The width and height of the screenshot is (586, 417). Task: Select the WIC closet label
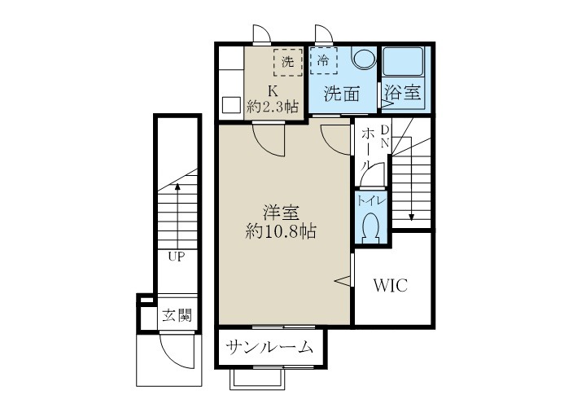point(390,286)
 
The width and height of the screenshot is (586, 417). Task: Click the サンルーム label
point(270,348)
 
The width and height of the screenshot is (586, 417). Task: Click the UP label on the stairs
point(176,257)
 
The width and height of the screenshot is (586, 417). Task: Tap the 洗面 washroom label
point(342,94)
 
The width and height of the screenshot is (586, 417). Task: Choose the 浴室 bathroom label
point(403,93)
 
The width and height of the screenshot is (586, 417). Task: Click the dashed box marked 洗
point(286,61)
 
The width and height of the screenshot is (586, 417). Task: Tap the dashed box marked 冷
point(324,61)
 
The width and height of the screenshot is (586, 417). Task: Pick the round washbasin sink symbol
point(363,61)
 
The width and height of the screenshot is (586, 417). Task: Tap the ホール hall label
point(369,147)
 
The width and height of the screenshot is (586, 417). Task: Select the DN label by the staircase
point(385,136)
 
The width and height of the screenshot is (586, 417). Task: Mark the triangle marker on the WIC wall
point(343,280)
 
